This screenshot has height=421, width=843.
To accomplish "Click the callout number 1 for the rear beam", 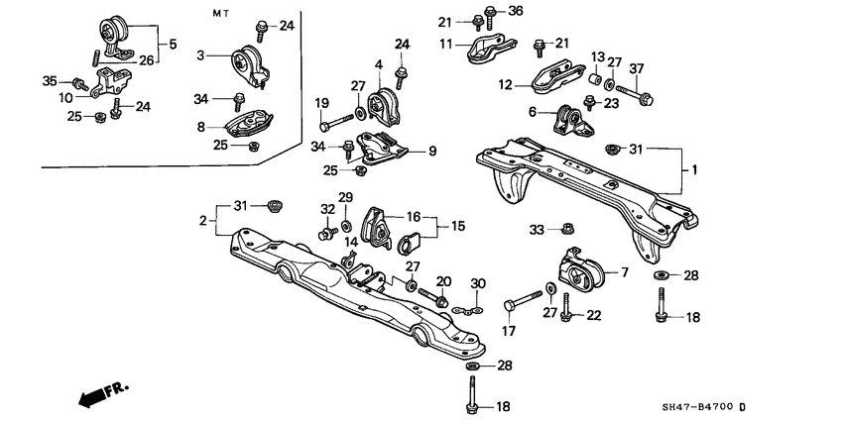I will coord(694,170).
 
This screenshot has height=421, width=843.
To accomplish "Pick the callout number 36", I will coord(515,11).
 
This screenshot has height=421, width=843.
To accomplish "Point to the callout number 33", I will coord(537,229).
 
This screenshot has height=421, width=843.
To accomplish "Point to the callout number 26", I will coord(147,59).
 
